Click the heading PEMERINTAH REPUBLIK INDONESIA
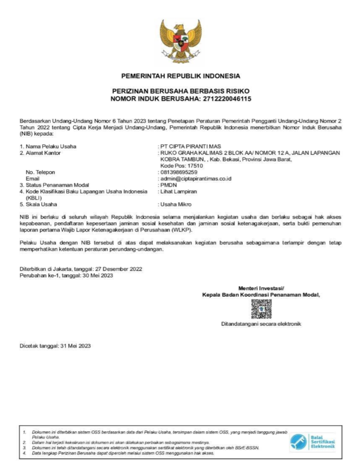pos(180,75)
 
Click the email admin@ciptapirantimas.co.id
pos(195,179)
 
